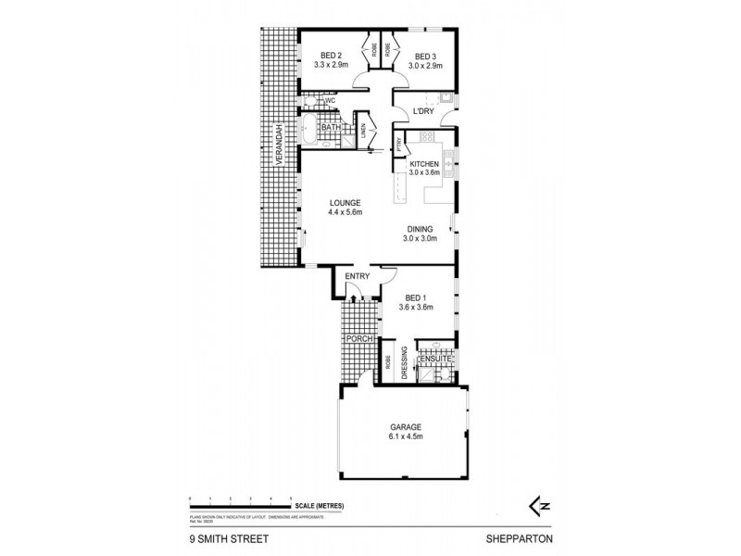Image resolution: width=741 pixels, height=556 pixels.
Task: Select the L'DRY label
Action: [423, 112]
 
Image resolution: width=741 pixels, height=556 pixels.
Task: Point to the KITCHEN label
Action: [424, 164]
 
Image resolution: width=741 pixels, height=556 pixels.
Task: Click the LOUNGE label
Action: [344, 203]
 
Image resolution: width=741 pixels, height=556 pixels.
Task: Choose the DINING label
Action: [421, 229]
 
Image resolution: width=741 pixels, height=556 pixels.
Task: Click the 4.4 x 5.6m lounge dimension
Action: [344, 213]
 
